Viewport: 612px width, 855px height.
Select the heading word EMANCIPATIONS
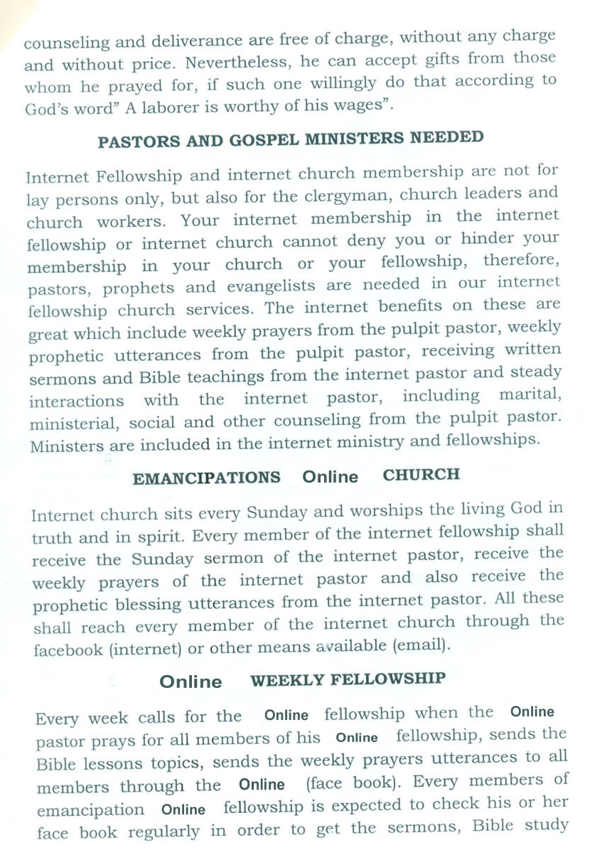point(206,478)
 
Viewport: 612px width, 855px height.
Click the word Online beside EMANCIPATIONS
point(331,477)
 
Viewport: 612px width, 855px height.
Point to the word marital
point(530,394)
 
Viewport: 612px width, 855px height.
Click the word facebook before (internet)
point(68,651)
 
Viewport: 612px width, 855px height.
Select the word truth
point(55,538)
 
